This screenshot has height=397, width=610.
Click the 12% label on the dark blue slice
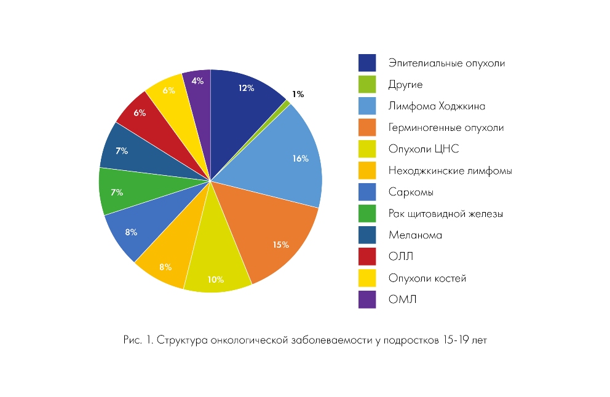(x=247, y=88)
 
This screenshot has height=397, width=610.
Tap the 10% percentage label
(x=215, y=280)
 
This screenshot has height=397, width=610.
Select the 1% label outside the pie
(x=298, y=94)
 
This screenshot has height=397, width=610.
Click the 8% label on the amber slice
(x=165, y=267)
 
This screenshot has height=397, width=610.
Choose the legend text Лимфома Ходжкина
(x=437, y=106)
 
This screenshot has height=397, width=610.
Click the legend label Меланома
(x=415, y=235)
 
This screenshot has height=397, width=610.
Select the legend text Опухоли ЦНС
(x=424, y=149)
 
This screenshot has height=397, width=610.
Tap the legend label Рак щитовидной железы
(x=446, y=213)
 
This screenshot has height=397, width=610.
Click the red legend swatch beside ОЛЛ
(x=368, y=256)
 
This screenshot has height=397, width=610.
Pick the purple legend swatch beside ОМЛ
(x=368, y=299)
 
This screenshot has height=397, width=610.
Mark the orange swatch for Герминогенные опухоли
(x=368, y=127)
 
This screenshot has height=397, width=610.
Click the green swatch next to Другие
(x=368, y=84)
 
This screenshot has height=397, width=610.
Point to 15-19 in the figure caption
(x=454, y=340)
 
